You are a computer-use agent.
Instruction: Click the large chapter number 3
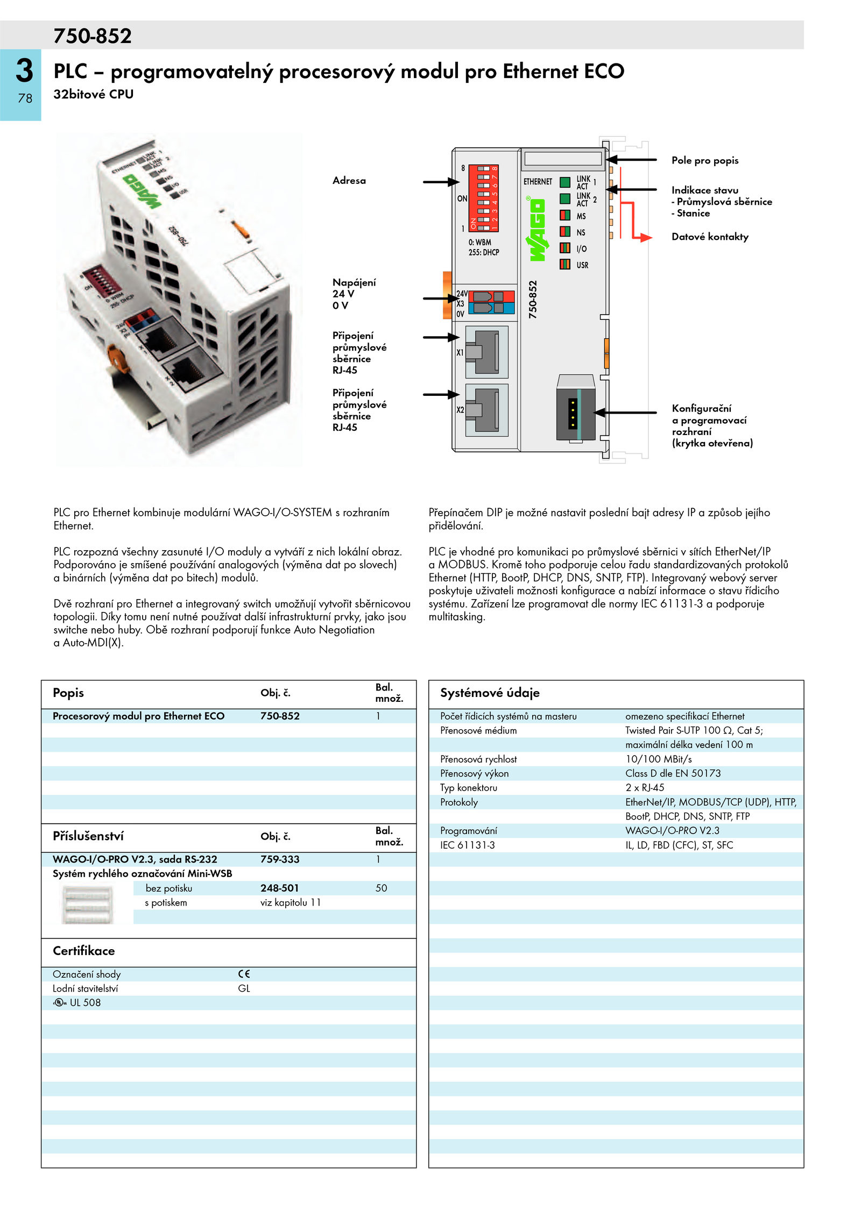[x=24, y=70]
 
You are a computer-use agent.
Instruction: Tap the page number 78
[x=25, y=98]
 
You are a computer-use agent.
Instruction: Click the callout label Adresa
[x=349, y=181]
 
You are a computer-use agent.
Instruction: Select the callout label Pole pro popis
[x=704, y=160]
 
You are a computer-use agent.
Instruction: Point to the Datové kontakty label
[x=710, y=237]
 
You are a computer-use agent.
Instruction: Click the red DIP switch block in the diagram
[x=483, y=198]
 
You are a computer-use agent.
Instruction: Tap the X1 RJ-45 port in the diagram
[x=486, y=352]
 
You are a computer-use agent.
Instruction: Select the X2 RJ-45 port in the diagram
[x=486, y=409]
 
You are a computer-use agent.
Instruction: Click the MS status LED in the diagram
[x=565, y=216]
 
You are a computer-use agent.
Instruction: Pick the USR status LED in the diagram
[x=565, y=264]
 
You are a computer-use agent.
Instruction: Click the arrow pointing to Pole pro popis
[x=631, y=160]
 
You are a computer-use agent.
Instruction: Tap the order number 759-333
[x=280, y=859]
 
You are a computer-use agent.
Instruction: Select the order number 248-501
[x=279, y=888]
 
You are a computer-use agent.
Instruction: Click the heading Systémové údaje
[x=490, y=693]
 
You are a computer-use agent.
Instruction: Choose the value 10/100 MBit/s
[x=659, y=759]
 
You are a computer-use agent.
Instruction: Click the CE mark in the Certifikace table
[x=244, y=974]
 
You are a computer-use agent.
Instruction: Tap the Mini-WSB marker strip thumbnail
[x=88, y=905]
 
